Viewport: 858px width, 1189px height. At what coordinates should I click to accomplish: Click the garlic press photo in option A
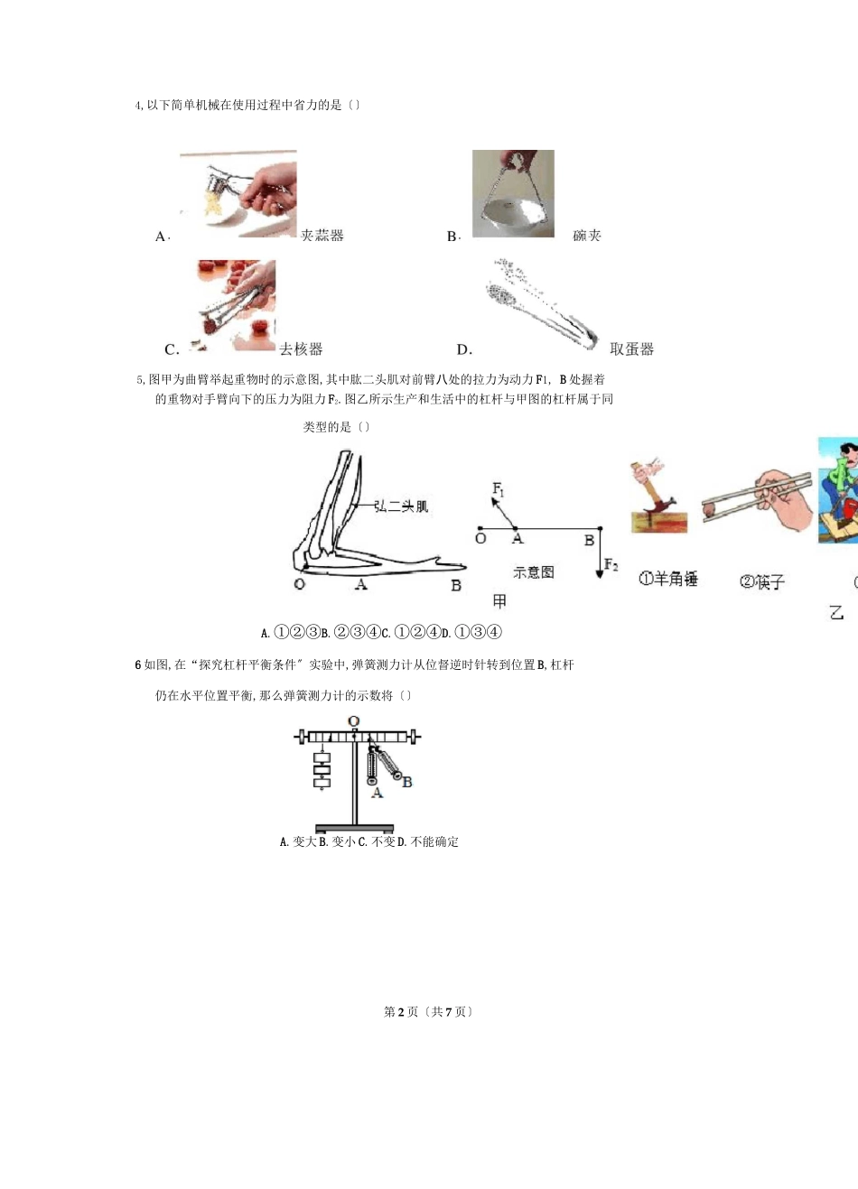point(238,193)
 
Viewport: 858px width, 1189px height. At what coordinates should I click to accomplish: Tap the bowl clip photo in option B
point(513,193)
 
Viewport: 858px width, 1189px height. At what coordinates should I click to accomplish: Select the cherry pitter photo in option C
point(236,305)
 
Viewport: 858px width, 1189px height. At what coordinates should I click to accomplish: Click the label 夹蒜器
point(322,236)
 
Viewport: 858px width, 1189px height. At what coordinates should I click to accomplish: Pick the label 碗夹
point(587,236)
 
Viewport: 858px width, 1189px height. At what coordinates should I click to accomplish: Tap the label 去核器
point(301,349)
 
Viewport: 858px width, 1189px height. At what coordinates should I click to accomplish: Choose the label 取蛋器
point(631,349)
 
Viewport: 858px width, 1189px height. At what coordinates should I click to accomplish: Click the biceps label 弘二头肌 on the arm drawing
point(401,506)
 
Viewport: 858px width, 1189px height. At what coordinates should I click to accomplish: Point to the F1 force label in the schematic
point(499,489)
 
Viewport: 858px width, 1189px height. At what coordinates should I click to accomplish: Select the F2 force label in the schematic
point(611,565)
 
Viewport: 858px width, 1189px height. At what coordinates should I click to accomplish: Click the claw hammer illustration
point(657,497)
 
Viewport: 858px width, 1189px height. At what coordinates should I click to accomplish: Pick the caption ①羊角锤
point(668,579)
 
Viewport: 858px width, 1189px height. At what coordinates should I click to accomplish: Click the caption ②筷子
point(762,582)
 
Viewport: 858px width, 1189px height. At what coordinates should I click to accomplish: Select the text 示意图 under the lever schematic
point(533,571)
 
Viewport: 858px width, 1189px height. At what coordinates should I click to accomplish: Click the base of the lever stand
point(354,828)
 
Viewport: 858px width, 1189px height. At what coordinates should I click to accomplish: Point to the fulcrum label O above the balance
point(354,721)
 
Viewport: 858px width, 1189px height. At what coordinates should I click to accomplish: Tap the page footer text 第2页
point(401,1012)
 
